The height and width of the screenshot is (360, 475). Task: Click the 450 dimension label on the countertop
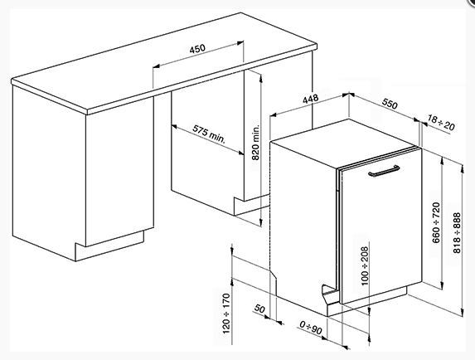(197, 48)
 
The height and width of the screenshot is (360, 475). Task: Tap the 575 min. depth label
(209, 134)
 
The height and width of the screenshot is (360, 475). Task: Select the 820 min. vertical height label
(255, 142)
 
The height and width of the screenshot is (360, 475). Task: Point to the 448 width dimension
(311, 99)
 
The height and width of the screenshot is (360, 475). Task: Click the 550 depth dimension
(390, 104)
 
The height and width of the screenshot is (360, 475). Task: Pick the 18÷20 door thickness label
(441, 122)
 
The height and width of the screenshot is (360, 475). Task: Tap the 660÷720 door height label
(436, 222)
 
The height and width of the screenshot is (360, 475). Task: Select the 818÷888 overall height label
(457, 233)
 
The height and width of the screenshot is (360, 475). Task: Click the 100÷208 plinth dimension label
(365, 265)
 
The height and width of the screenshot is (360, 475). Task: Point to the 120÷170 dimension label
(226, 314)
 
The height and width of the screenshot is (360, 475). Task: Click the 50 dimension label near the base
(259, 309)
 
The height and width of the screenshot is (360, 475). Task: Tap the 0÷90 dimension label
(311, 328)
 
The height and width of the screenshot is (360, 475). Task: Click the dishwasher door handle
(384, 171)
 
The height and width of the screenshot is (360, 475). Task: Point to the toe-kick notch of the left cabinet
(109, 246)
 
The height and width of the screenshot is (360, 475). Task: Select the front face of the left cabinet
(119, 172)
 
